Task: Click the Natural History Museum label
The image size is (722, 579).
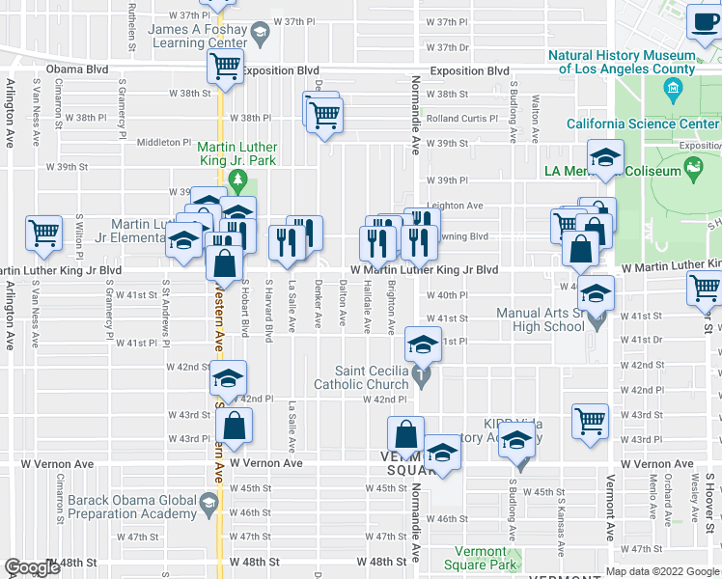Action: [621, 62]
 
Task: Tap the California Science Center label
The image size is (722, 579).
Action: [642, 124]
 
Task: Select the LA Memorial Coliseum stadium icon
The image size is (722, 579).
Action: [692, 169]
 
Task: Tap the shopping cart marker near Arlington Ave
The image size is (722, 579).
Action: [44, 232]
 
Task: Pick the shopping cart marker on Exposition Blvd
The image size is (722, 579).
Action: [225, 67]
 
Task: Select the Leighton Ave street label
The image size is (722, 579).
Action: [455, 206]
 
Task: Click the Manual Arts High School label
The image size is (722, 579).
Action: [541, 319]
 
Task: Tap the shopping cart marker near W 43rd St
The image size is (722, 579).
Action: [590, 421]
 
